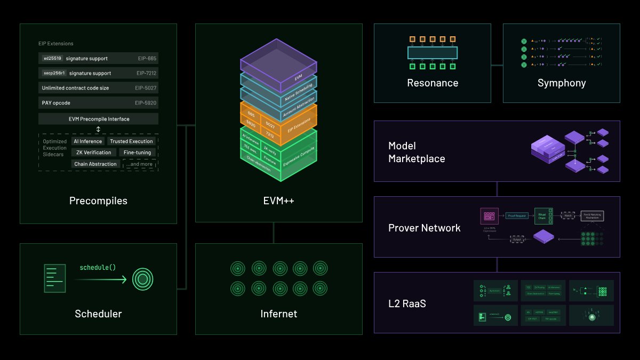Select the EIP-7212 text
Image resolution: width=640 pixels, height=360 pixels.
click(146, 73)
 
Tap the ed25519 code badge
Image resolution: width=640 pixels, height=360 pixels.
click(52, 59)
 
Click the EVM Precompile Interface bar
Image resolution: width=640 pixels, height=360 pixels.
click(98, 119)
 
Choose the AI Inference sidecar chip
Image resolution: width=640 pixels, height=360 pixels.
click(87, 141)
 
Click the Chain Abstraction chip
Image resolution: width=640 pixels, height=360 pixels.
click(95, 164)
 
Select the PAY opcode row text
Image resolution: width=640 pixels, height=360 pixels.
click(56, 102)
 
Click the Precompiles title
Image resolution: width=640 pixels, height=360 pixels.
click(98, 201)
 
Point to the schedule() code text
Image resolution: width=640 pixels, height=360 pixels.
click(97, 267)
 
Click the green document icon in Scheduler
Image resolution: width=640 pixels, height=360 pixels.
click(55, 278)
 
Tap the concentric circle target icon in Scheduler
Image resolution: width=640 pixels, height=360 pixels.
click(142, 278)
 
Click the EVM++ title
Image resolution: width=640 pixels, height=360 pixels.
click(274, 201)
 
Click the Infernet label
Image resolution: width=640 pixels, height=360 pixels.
click(278, 314)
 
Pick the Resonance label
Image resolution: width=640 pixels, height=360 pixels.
click(433, 83)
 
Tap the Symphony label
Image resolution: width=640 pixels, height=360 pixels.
click(561, 83)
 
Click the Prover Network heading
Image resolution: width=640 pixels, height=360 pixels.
click(424, 228)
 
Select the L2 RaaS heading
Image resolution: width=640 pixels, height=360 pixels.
click(407, 303)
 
